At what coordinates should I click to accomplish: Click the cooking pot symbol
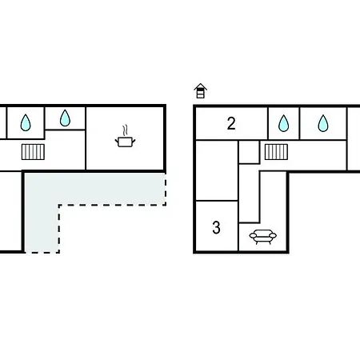[125, 142]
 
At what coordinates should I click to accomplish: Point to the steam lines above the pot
[125, 130]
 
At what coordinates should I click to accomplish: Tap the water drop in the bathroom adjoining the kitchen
[65, 118]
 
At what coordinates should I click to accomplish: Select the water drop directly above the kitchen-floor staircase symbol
[26, 122]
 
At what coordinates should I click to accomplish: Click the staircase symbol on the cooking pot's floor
[33, 152]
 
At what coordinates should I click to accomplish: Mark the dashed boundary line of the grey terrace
[112, 205]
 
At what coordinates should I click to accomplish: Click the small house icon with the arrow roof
[201, 90]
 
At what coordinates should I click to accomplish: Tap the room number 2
[231, 123]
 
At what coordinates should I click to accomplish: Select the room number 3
[216, 227]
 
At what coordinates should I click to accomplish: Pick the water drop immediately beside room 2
[283, 123]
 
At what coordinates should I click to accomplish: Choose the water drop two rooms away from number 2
[323, 123]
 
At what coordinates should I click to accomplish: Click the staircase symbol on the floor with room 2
[276, 152]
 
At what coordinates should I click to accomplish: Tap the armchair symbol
[263, 237]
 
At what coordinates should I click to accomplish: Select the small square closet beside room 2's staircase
[249, 151]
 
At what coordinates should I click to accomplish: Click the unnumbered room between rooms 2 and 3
[217, 170]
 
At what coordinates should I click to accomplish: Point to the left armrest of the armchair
[253, 235]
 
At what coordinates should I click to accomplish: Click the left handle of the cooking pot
[117, 140]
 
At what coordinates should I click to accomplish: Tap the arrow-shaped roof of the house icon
[201, 86]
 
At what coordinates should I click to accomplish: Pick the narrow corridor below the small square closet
[249, 194]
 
